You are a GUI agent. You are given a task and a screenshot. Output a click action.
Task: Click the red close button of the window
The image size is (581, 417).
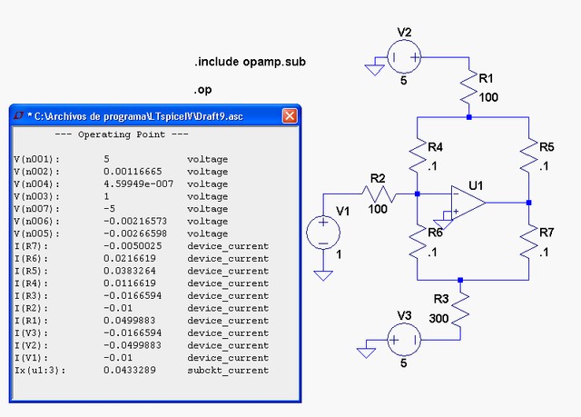[290, 116]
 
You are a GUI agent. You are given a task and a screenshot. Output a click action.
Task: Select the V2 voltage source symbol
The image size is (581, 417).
[404, 57]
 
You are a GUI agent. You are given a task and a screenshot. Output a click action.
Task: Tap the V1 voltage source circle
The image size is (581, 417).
[323, 233]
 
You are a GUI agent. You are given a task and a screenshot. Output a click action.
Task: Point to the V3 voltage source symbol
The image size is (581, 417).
[404, 340]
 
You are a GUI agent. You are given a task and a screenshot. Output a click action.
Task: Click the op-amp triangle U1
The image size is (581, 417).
[468, 203]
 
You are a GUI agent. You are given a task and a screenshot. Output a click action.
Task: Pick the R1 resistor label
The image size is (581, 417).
[486, 78]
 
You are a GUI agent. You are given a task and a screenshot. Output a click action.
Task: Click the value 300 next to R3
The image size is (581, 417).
[438, 318]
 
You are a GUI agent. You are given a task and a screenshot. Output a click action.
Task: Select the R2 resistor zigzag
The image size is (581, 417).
[379, 194]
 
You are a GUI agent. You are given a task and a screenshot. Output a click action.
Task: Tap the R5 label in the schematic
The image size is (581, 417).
[547, 147]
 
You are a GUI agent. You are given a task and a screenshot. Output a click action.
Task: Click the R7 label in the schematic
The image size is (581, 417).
[547, 233]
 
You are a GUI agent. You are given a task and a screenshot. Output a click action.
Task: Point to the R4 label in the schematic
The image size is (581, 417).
[436, 147]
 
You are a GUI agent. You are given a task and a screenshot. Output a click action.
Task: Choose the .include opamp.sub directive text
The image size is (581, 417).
[251, 62]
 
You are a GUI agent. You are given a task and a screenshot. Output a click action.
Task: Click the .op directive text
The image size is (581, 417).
[202, 90]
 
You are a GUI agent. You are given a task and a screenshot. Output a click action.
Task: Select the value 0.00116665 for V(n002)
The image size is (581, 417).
[133, 172]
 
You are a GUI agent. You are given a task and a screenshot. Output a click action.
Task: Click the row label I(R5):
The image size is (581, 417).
[31, 271]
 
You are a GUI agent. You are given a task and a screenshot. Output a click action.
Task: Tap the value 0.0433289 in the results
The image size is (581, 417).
[130, 370]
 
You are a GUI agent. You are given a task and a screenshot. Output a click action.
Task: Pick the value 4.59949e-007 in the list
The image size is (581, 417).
[139, 184]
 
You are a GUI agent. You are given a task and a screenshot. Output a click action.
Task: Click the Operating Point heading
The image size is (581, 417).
[122, 134]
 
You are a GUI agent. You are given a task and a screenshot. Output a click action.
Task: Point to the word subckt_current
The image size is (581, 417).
[228, 371]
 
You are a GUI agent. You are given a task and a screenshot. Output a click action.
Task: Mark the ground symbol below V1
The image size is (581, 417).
[323, 275]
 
